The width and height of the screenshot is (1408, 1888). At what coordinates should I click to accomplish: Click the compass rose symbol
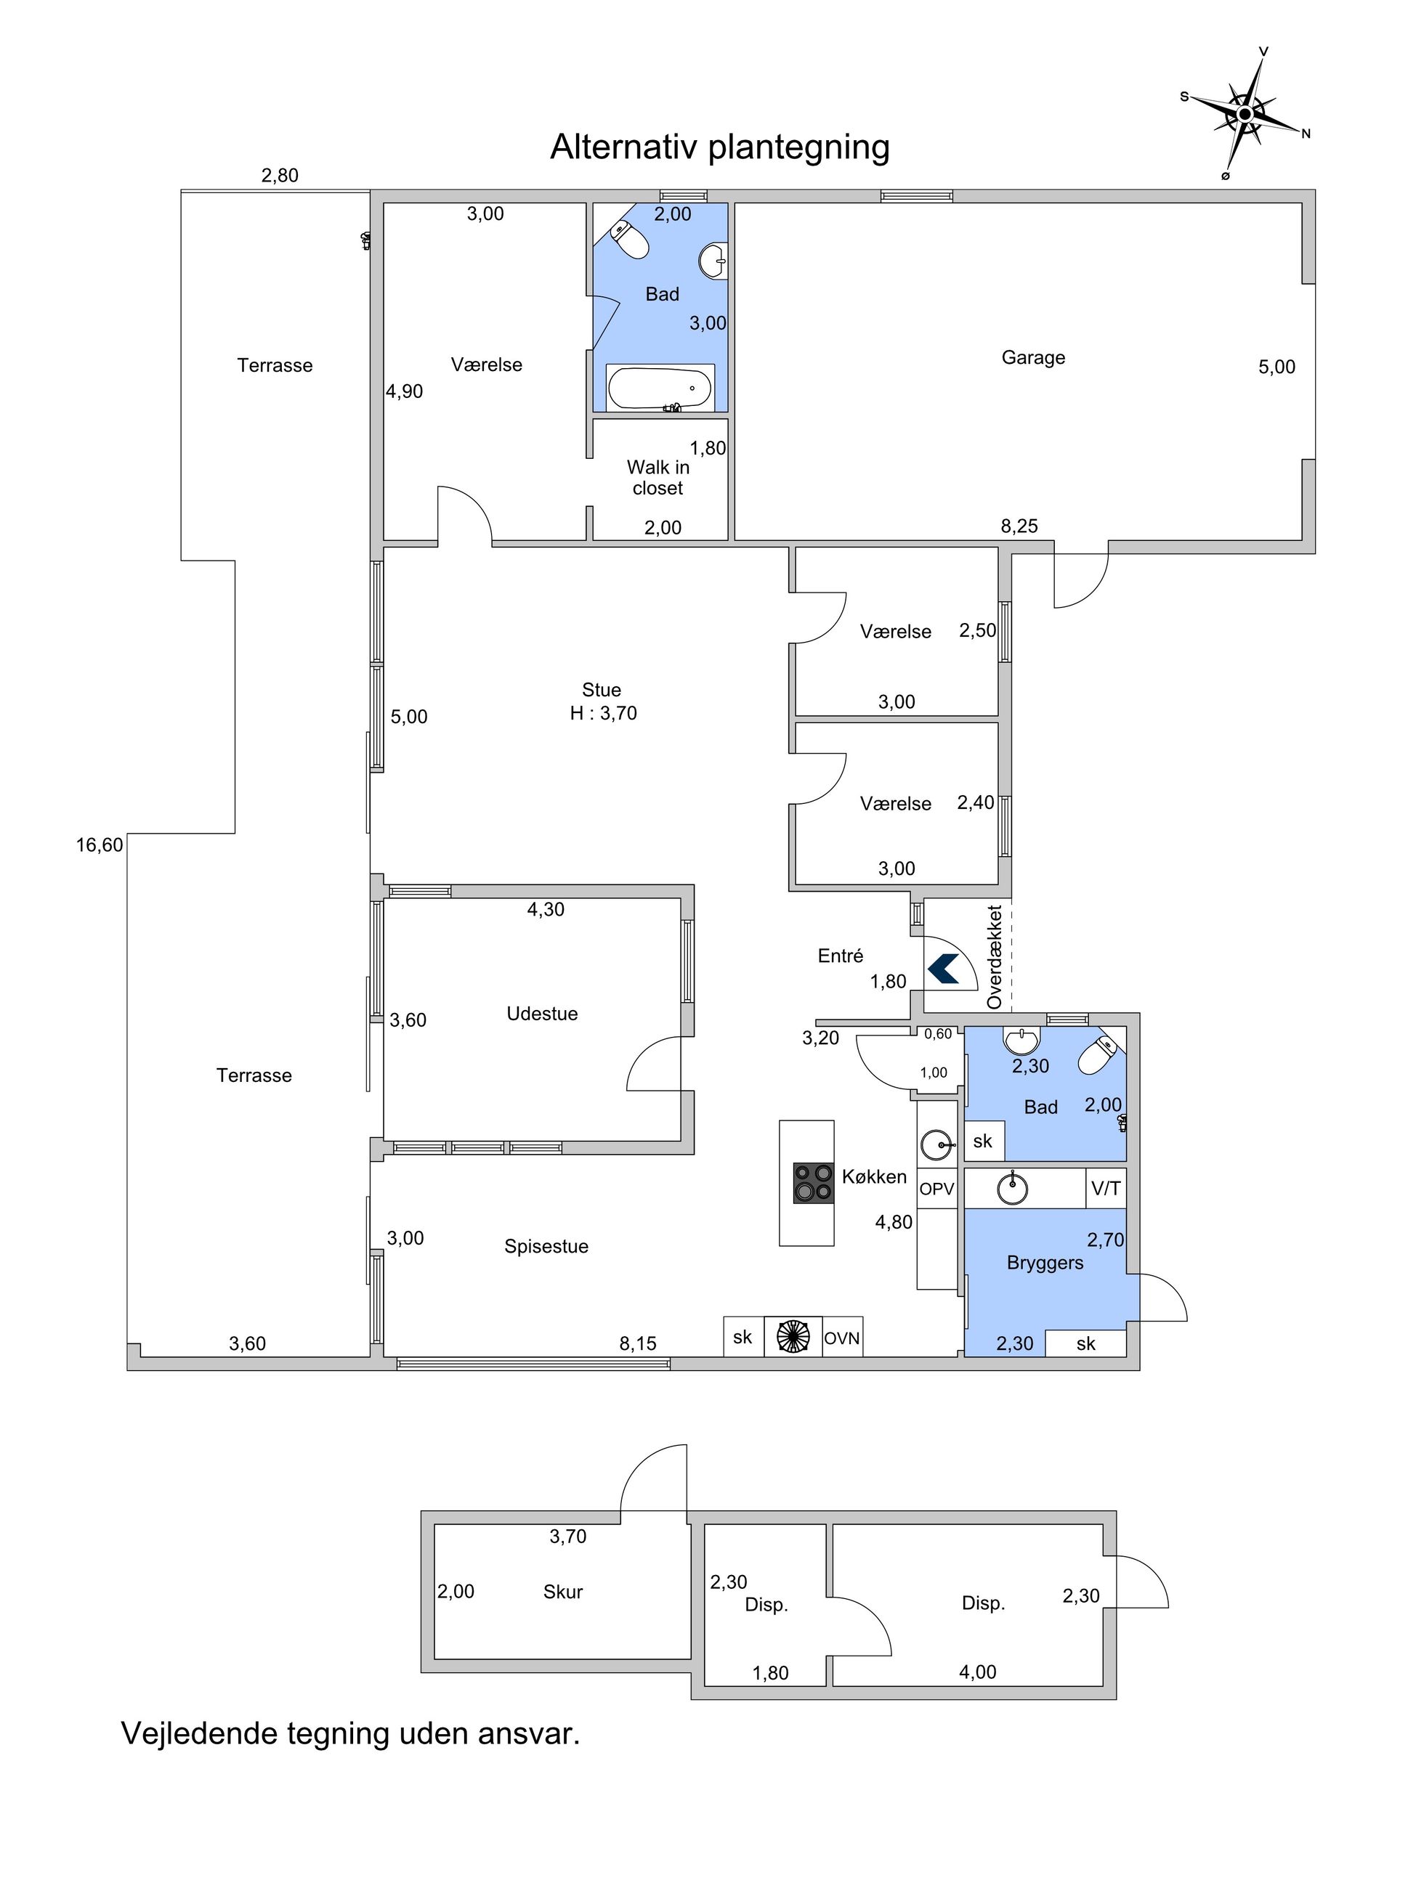[x=1245, y=113]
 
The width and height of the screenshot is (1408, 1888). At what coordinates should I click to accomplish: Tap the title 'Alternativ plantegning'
[x=719, y=147]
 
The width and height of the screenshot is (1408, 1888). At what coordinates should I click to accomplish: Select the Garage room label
[x=1033, y=357]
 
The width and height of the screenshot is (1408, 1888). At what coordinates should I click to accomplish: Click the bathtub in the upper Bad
[x=660, y=388]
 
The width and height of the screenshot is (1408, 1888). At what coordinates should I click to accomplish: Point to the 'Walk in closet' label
[x=658, y=477]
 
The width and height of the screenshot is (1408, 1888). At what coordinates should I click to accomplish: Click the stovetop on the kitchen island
[x=813, y=1184]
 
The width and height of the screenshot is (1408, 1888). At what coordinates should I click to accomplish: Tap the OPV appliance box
[x=936, y=1189]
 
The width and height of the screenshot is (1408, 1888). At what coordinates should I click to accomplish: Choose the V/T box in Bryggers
[x=1106, y=1188]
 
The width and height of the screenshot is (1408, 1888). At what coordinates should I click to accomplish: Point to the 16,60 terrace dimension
[x=100, y=845]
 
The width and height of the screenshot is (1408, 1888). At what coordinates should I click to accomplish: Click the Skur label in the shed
[x=562, y=1592]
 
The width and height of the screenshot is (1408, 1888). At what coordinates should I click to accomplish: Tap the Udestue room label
[x=542, y=1014]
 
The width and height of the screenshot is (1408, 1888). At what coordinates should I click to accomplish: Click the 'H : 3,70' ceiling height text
[x=604, y=713]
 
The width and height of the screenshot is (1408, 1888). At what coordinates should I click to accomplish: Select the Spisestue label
[x=546, y=1247]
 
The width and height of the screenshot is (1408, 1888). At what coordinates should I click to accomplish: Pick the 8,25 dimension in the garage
[x=1019, y=526]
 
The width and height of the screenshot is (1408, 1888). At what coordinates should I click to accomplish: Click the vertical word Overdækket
[x=995, y=958]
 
